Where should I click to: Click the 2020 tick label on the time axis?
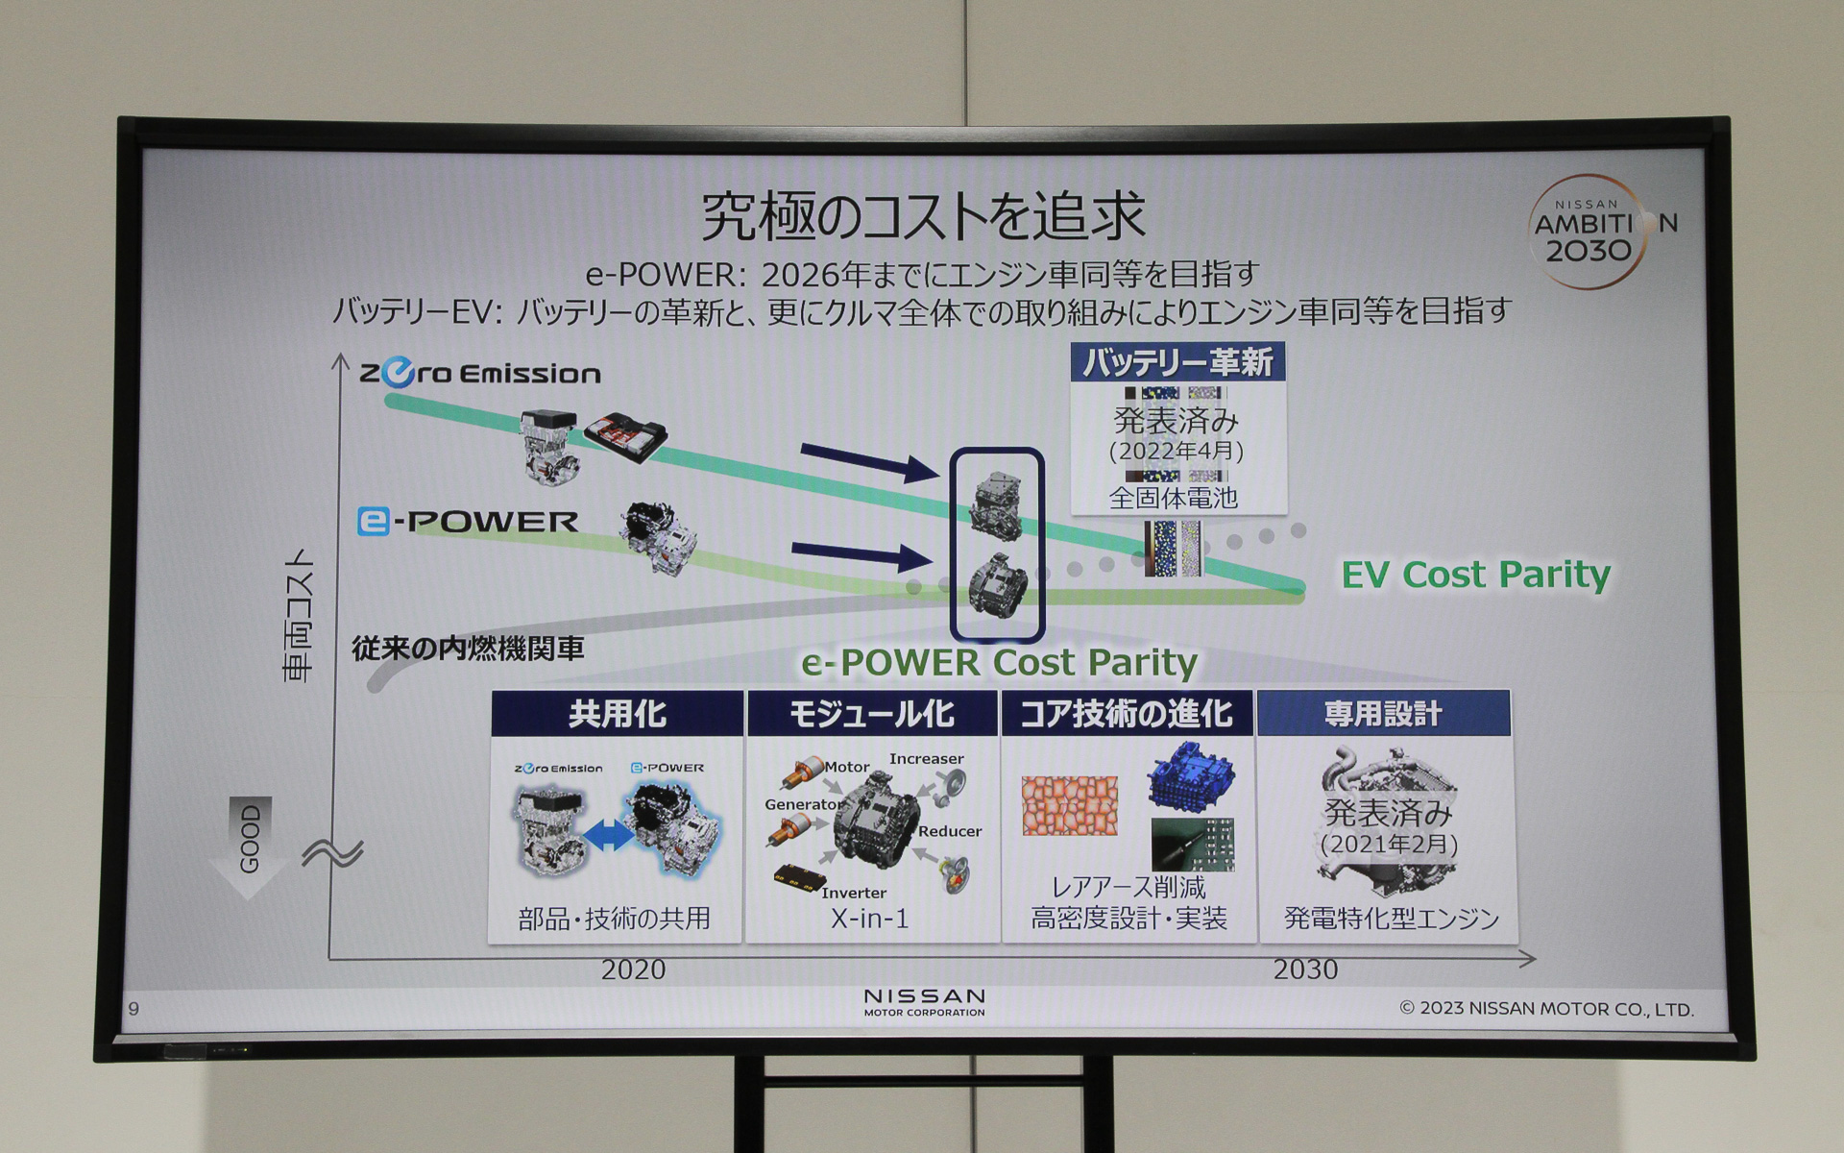click(x=633, y=969)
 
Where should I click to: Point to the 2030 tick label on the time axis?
click(x=1305, y=969)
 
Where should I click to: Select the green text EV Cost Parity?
click(x=1475, y=575)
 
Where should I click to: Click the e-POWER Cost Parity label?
click(x=999, y=662)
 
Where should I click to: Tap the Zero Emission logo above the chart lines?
click(x=480, y=373)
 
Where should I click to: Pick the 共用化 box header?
click(x=617, y=714)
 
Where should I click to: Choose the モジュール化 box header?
click(x=872, y=714)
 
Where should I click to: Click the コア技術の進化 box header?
click(x=1127, y=714)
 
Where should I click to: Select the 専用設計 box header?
click(x=1383, y=714)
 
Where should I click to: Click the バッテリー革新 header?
click(x=1177, y=362)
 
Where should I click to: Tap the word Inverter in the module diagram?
click(x=853, y=893)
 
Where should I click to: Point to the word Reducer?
click(x=949, y=831)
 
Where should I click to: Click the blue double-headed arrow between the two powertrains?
click(x=609, y=836)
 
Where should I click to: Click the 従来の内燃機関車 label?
click(x=468, y=649)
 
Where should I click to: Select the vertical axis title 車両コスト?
click(x=299, y=615)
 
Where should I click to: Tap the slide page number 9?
click(x=133, y=1008)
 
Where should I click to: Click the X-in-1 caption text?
click(x=869, y=919)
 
